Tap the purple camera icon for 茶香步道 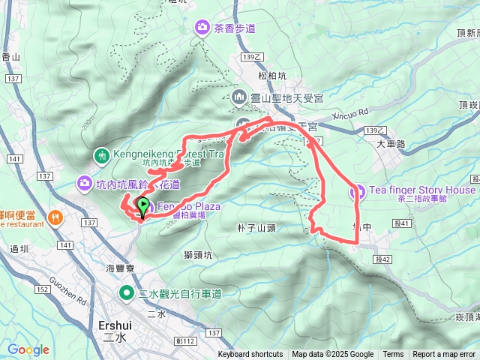[202, 28]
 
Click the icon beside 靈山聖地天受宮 [239, 97]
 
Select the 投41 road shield [403, 223]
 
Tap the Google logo [28, 349]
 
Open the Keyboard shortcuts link [250, 355]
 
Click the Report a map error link [444, 355]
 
